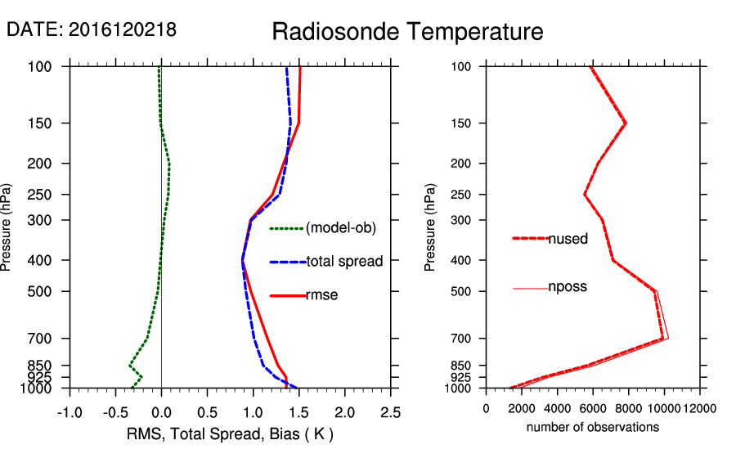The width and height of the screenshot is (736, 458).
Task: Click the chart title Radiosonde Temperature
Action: click(407, 32)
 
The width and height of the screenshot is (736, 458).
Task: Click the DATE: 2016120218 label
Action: click(92, 29)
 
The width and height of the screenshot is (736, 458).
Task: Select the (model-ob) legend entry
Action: click(340, 228)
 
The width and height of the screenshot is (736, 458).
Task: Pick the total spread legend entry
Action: click(344, 262)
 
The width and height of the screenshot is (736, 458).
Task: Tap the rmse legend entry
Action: click(321, 295)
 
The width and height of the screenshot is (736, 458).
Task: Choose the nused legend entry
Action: click(568, 239)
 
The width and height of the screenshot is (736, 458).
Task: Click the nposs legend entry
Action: click(568, 287)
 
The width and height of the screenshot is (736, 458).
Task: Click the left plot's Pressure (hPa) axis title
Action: click(7, 227)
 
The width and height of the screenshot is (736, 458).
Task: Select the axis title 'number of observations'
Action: click(593, 428)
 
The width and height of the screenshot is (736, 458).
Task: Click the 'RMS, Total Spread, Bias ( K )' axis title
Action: click(229, 433)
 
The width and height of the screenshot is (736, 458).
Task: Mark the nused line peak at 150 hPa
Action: click(626, 123)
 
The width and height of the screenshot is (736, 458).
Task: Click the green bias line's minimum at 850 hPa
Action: click(130, 365)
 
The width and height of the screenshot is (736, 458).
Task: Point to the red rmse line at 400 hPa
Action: click(243, 260)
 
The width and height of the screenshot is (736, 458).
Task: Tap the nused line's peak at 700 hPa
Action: click(663, 339)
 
